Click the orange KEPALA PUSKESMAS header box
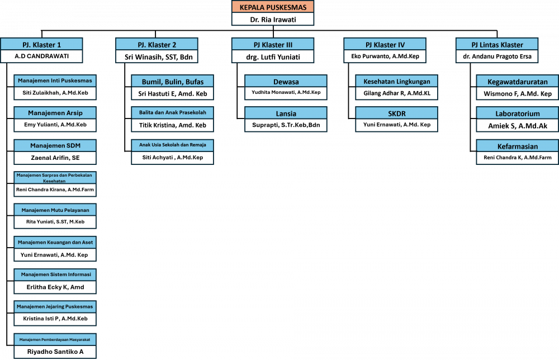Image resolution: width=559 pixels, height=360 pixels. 273,7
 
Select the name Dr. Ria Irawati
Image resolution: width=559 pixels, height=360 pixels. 273,19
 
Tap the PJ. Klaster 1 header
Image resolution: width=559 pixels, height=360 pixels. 42,45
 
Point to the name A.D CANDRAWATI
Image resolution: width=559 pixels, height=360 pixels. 42,56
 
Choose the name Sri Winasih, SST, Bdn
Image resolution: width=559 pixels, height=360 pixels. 157,57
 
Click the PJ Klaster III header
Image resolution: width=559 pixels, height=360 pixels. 273,45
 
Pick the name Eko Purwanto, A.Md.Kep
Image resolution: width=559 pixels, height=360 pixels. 385,57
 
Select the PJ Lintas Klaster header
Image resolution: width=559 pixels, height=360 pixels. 497,45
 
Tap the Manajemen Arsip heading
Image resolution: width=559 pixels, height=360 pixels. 55,113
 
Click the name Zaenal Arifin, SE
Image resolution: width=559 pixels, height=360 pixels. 55,158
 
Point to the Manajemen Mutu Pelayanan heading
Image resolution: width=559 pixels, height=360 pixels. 55,210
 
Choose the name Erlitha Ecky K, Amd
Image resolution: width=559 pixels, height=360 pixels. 55,287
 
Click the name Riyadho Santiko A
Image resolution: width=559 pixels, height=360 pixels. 55,352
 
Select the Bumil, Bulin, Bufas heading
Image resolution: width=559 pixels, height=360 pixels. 172,81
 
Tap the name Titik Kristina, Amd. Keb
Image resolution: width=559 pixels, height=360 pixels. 172,125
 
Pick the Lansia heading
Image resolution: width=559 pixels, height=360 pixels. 285,113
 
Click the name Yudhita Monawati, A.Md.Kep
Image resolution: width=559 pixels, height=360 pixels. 285,93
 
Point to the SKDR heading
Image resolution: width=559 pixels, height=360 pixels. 396,113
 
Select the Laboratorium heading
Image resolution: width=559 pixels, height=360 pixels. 518,113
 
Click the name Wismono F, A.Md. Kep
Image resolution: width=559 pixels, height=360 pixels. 518,93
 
